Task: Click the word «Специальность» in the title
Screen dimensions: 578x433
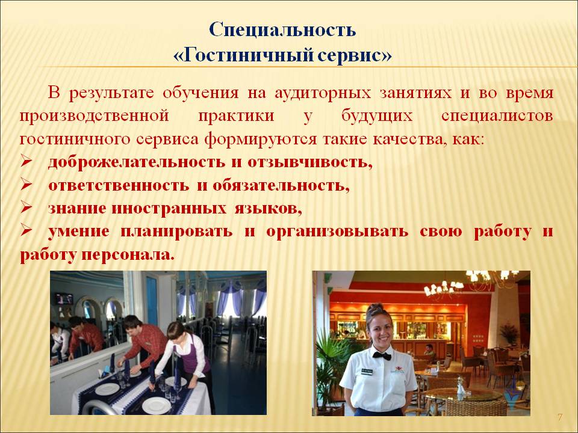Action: (282, 30)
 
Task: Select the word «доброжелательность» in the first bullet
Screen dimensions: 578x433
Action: (137, 162)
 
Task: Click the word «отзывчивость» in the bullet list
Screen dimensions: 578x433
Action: (307, 162)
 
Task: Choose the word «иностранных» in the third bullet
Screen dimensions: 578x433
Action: (169, 209)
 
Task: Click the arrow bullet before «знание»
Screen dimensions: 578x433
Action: (26, 208)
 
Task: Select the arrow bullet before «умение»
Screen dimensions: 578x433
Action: (26, 231)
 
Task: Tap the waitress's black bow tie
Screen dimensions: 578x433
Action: (382, 355)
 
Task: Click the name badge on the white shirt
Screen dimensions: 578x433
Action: (367, 371)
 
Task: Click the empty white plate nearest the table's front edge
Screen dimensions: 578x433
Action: (157, 406)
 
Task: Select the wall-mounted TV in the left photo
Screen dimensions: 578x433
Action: (64, 299)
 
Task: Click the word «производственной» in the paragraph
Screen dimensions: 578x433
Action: (94, 116)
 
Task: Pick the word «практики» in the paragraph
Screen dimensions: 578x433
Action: (236, 116)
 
